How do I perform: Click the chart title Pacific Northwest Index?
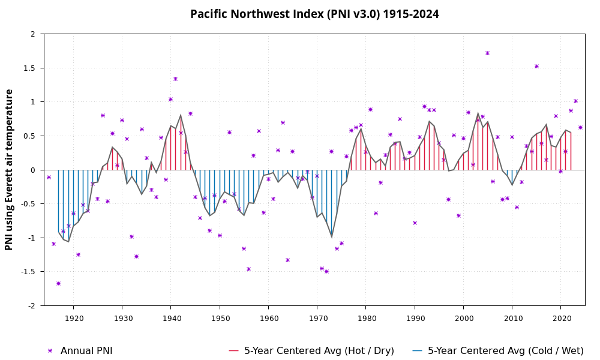pos(314,14)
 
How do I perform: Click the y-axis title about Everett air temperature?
pos(9,170)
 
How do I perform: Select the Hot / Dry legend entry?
pos(311,350)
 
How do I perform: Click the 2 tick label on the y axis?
pos(33,34)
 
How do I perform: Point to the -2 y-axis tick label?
pos(31,305)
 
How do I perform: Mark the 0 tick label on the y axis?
pos(33,170)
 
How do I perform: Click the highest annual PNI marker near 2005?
pos(487,53)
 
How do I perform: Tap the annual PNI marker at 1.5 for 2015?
pos(536,66)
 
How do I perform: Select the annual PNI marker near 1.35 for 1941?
pos(175,79)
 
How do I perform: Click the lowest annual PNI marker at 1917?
pos(58,283)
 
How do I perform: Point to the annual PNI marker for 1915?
pos(49,177)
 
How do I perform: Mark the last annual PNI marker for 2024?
pos(580,127)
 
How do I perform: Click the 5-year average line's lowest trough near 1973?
pos(332,236)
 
